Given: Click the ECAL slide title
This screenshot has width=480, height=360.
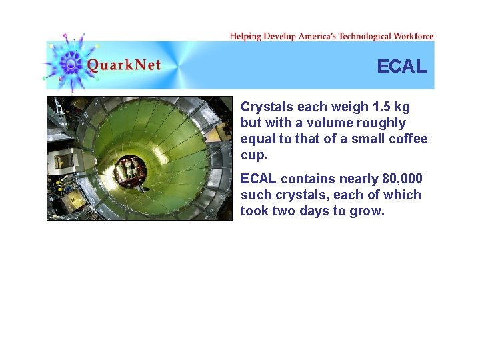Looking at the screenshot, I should (x=401, y=67).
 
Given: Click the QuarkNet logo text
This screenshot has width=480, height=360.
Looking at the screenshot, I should (x=124, y=65).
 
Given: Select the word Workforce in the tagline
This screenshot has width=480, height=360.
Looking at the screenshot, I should (x=413, y=36).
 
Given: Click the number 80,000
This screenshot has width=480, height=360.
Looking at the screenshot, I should (x=403, y=179).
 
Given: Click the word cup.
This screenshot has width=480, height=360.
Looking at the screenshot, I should (x=253, y=155).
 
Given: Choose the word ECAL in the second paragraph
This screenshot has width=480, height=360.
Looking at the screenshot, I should (x=259, y=179).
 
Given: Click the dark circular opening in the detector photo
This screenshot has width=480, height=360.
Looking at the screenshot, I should (x=130, y=171).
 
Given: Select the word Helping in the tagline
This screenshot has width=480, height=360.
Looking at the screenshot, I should (x=245, y=36).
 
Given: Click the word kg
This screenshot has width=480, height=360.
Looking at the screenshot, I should (x=402, y=107).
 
